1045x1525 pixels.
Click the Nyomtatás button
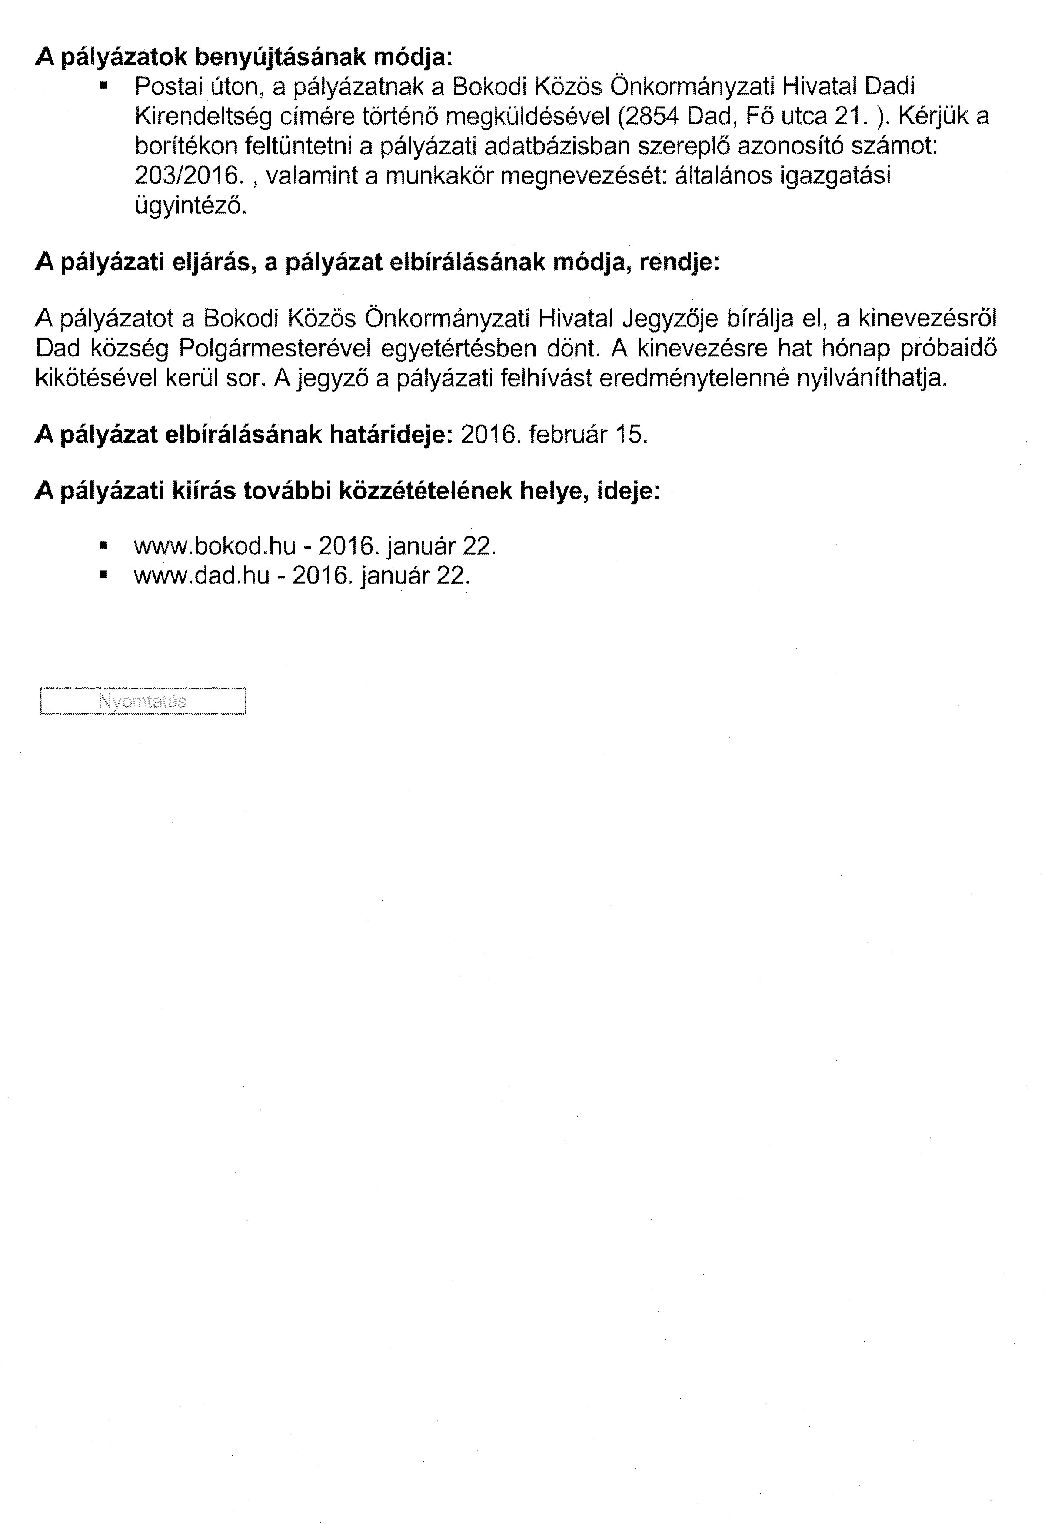(x=142, y=701)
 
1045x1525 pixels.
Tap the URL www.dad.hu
(x=201, y=576)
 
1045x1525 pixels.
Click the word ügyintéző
(x=190, y=206)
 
